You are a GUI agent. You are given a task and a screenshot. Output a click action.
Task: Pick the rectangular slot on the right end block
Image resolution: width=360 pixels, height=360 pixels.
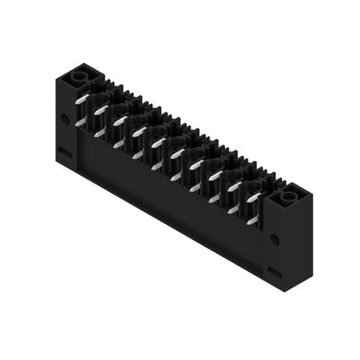click(274, 271)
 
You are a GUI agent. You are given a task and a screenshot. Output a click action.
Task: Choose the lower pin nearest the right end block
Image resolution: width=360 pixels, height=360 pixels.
click(252, 219)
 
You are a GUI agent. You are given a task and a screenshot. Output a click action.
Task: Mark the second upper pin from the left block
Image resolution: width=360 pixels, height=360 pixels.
click(100, 111)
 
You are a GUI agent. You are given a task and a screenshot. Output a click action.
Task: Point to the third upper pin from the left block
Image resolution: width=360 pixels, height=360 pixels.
click(119, 121)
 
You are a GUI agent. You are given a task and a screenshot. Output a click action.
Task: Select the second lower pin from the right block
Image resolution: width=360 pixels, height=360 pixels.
click(233, 209)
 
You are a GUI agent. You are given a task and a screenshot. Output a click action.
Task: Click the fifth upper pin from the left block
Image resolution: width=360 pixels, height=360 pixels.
click(157, 143)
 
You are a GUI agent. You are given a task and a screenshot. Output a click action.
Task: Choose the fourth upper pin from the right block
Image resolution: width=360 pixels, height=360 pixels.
click(196, 164)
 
